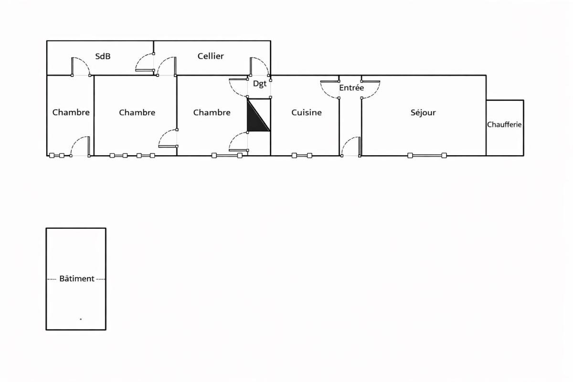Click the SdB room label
103,56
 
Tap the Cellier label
211,56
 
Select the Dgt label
260,84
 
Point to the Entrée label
351,87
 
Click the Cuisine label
307,112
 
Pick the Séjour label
423,112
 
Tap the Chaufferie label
504,125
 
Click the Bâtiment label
77,278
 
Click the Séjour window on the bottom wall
427,155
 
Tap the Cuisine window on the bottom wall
302,155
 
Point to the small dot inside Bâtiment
81,319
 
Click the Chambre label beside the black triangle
212,112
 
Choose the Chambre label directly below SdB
137,112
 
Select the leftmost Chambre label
71,112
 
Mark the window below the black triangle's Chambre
227,155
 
